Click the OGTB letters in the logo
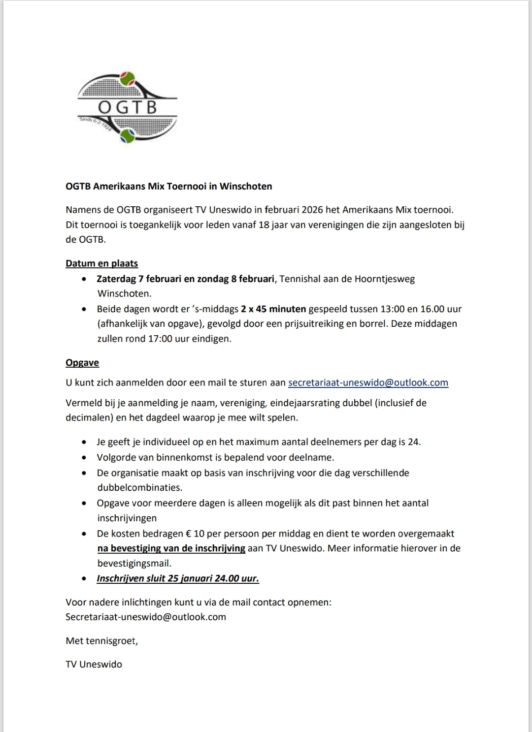(x=127, y=107)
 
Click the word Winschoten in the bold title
(x=245, y=186)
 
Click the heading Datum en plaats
(x=102, y=263)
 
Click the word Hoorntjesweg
(x=385, y=279)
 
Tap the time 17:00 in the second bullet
(x=160, y=339)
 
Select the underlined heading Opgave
(x=82, y=363)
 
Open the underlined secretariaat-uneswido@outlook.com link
(x=368, y=382)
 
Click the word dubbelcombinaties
(x=140, y=488)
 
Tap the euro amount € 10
(x=195, y=534)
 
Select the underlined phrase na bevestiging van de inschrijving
(x=171, y=548)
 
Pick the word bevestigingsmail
(x=134, y=563)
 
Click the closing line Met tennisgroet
(x=102, y=641)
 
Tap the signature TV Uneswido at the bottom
(x=94, y=664)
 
